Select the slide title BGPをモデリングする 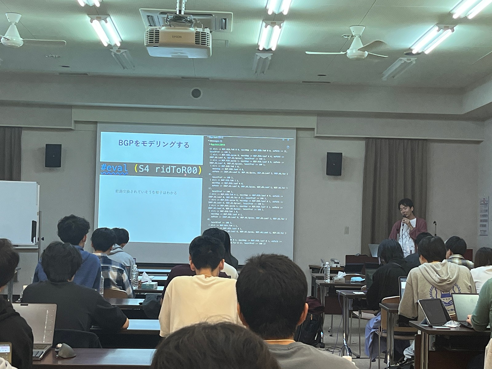click(x=150, y=144)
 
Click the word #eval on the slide click(x=114, y=170)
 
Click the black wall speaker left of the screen click(x=53, y=156)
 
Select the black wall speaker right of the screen click(x=334, y=164)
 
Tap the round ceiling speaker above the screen click(x=196, y=93)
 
